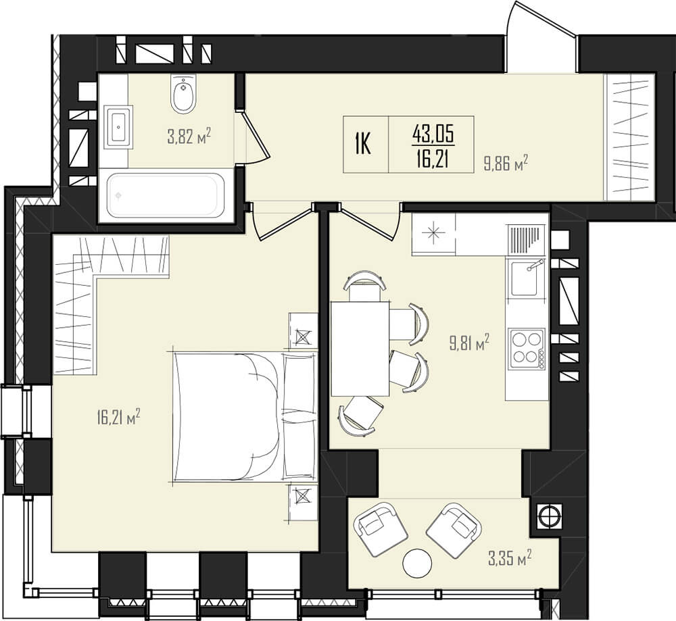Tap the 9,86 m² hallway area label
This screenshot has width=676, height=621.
point(506,164)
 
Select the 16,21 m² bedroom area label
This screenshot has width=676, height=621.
point(119,417)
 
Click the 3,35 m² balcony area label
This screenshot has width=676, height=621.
point(510,559)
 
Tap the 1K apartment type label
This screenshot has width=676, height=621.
point(363,144)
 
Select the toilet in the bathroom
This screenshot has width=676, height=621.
point(184,93)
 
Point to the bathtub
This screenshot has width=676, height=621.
point(166,195)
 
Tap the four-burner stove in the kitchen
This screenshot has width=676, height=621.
point(527,349)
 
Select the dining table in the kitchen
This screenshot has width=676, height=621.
point(360,348)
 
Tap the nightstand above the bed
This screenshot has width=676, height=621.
point(303,330)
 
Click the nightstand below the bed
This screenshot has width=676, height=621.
point(303,502)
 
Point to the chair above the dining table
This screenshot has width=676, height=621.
point(365,286)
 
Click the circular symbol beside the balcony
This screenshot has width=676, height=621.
point(549,515)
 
